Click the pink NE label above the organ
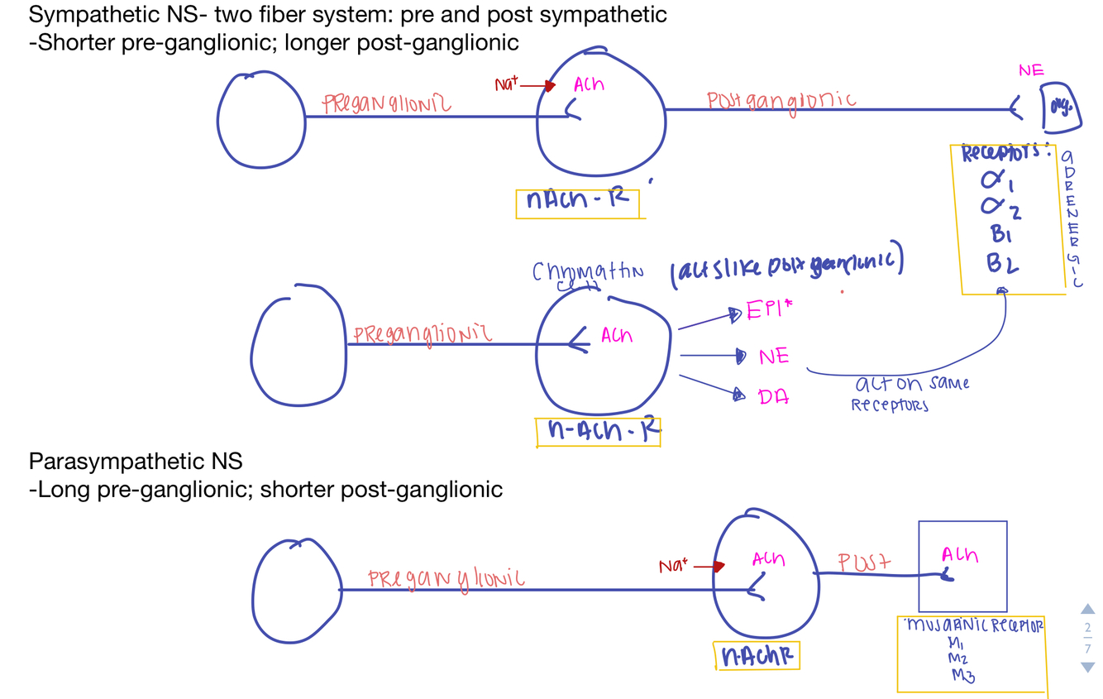click(1030, 70)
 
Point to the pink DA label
click(773, 397)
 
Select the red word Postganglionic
click(781, 100)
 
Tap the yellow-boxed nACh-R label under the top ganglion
click(577, 201)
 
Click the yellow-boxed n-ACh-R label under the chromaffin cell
click(599, 431)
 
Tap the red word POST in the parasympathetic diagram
click(864, 563)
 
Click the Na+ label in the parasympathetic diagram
click(673, 567)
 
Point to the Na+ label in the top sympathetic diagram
click(507, 84)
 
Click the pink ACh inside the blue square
click(959, 556)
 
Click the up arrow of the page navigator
click(1087, 610)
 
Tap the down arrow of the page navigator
click(1087, 667)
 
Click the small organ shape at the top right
click(1060, 108)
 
